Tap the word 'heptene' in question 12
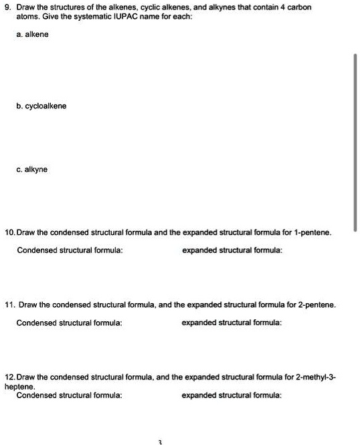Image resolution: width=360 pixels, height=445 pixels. click(17, 387)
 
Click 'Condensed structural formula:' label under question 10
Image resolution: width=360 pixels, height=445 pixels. click(70, 250)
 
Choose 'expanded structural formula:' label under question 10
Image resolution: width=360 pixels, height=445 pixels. click(232, 250)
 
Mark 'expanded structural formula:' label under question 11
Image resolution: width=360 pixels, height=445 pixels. click(232, 323)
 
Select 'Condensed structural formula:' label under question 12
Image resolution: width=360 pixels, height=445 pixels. click(70, 395)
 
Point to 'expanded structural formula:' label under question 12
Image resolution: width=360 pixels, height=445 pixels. click(232, 395)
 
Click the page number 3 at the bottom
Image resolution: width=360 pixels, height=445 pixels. click(160, 442)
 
